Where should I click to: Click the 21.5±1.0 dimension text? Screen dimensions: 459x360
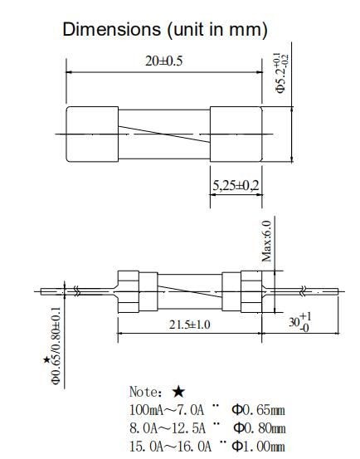[x=181, y=324]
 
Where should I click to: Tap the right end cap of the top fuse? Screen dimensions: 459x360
[x=235, y=132]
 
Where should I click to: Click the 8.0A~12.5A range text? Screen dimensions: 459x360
[x=165, y=427]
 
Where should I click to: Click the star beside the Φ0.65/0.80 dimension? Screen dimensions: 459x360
[x=46, y=360]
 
